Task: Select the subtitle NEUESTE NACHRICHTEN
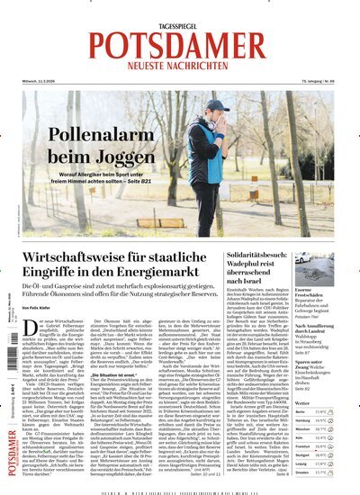179,65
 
